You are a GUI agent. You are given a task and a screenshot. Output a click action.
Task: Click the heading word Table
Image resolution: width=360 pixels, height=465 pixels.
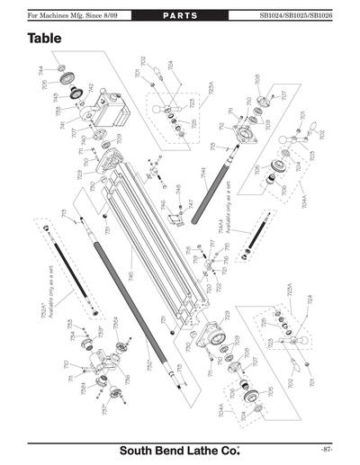click(x=46, y=39)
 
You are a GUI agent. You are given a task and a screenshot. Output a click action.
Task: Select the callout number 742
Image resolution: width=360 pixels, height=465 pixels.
click(x=91, y=86)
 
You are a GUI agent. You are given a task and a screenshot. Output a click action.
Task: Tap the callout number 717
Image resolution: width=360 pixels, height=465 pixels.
click(x=211, y=245)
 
